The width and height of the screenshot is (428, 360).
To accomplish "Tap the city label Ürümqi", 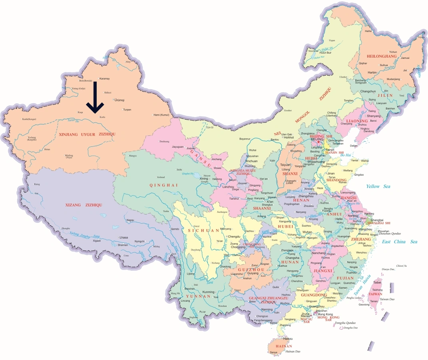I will click(x=119, y=100).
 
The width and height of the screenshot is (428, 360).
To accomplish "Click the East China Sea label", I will click(x=399, y=242).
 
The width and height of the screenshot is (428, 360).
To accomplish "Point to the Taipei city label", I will click(x=377, y=282).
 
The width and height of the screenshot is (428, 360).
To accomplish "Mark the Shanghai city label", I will click(x=377, y=220).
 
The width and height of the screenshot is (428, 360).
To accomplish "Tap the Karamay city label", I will click(x=104, y=78).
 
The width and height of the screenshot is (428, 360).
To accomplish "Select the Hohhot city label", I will click(x=289, y=137).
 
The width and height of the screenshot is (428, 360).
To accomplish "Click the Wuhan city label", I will click(x=307, y=232).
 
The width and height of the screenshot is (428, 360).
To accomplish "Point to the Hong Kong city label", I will click(x=325, y=314).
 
